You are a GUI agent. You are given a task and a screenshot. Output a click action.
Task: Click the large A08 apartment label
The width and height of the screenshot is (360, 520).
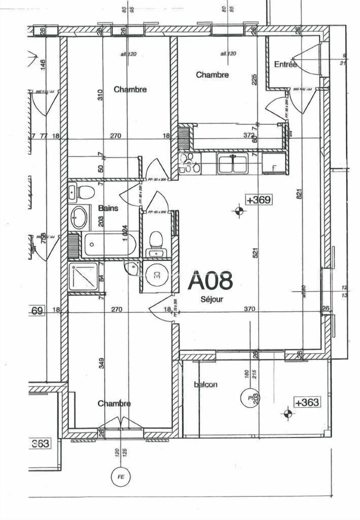tap(210, 281)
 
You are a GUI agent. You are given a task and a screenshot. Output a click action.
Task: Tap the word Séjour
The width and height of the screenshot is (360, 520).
tap(212, 299)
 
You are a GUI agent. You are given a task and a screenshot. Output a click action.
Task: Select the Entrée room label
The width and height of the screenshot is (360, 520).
tap(285, 64)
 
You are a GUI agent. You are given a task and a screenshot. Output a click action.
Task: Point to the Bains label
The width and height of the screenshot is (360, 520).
tap(108, 208)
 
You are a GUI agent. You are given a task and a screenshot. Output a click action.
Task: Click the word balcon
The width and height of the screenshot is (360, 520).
tap(205, 385)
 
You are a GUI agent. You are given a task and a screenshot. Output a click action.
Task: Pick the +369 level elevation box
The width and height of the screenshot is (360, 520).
tap(258, 200)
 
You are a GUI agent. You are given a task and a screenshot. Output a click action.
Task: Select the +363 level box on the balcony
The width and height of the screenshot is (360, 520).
tap(307, 403)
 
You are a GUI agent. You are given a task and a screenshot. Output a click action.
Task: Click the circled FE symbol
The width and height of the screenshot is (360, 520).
tap(121, 477)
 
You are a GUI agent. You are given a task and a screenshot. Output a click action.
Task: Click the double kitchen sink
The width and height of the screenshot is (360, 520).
tap(233, 164)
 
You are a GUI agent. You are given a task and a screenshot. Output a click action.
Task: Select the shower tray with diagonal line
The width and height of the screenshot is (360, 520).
tap(83, 276)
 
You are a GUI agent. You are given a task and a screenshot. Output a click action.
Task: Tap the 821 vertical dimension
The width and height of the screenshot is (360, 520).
tap(299, 194)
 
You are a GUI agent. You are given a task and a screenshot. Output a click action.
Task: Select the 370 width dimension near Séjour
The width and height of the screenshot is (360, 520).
tap(249, 309)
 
